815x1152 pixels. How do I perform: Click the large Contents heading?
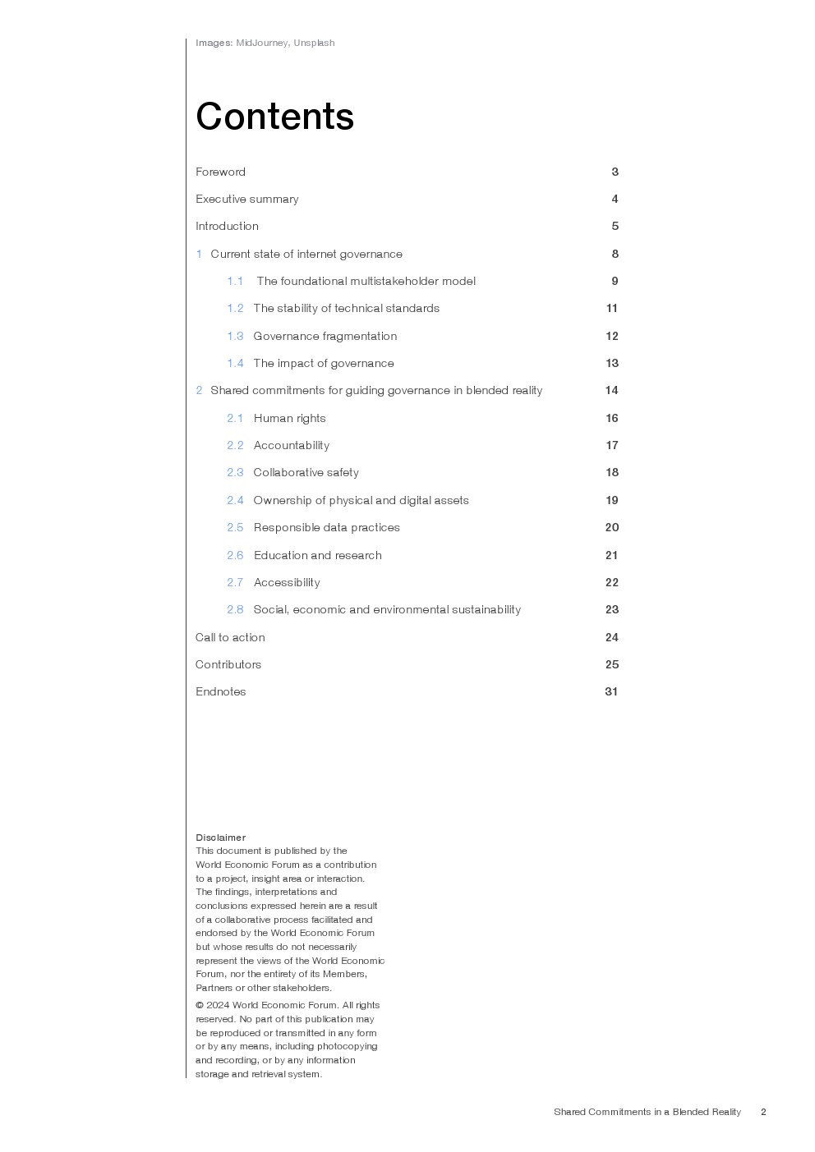pyautogui.click(x=274, y=117)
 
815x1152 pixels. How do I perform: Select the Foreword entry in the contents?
pyautogui.click(x=220, y=172)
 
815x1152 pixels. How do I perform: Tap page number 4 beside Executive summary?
pyautogui.click(x=615, y=199)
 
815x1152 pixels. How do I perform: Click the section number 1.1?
pyautogui.click(x=235, y=281)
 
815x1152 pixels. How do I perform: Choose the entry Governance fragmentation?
pyautogui.click(x=325, y=336)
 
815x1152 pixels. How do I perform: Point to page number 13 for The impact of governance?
pyautogui.click(x=611, y=363)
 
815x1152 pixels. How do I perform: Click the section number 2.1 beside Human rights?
pyautogui.click(x=235, y=418)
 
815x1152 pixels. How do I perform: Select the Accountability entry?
pyautogui.click(x=291, y=445)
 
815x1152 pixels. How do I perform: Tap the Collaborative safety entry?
pyautogui.click(x=306, y=472)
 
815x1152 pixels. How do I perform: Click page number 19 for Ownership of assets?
pyautogui.click(x=611, y=500)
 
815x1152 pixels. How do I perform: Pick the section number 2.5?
pyautogui.click(x=235, y=527)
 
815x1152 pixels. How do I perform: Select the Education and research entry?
pyautogui.click(x=317, y=555)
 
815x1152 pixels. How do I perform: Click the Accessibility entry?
pyautogui.click(x=287, y=582)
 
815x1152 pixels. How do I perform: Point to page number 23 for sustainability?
pyautogui.click(x=611, y=609)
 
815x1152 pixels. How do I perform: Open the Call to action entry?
pyautogui.click(x=230, y=637)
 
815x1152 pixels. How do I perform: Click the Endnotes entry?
pyautogui.click(x=220, y=691)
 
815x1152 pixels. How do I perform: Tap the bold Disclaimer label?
pyautogui.click(x=220, y=838)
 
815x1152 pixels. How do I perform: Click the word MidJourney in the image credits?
pyautogui.click(x=262, y=43)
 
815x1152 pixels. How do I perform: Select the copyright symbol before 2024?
pyautogui.click(x=200, y=1005)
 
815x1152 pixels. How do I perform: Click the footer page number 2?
pyautogui.click(x=763, y=1112)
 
